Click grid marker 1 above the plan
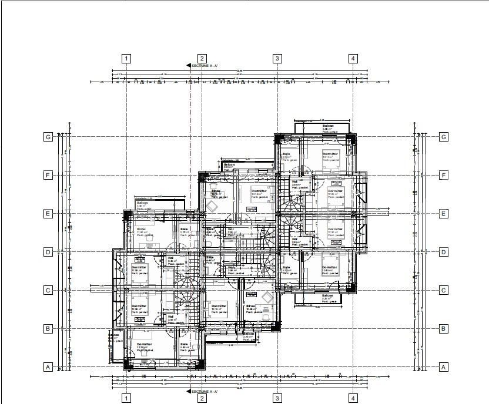tap(126, 58)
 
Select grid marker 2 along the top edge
tap(202, 58)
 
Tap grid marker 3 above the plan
tap(277, 58)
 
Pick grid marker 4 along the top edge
tap(353, 58)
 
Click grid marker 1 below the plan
tap(126, 399)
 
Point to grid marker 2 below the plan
tap(202, 399)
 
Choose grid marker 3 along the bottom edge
tap(277, 399)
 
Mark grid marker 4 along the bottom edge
tap(353, 399)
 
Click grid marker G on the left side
tap(48, 137)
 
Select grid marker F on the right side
tap(444, 175)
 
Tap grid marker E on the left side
tap(48, 214)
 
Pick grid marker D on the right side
tap(444, 252)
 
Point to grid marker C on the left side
tap(48, 290)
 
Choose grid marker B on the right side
tap(444, 329)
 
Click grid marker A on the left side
tap(48, 367)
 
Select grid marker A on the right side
tap(444, 367)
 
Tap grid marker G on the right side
tap(444, 137)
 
